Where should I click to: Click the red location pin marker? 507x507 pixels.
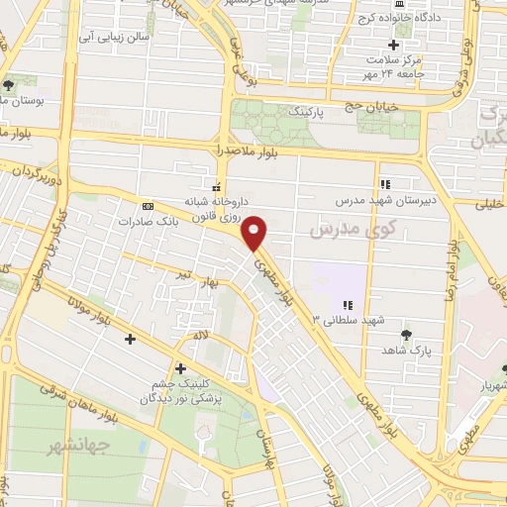(x=256, y=231)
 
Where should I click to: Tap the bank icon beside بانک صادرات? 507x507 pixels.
(x=148, y=205)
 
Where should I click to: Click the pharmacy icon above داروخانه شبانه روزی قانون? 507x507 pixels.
(x=215, y=184)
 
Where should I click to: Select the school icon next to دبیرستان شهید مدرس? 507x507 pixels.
(x=385, y=183)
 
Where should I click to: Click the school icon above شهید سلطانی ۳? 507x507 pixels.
(x=348, y=305)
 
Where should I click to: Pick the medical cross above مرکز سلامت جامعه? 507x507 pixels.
(x=394, y=45)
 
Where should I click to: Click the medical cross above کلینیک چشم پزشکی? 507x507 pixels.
(x=180, y=367)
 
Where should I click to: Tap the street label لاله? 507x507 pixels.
(x=201, y=337)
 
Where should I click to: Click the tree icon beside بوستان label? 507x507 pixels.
(x=9, y=86)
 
